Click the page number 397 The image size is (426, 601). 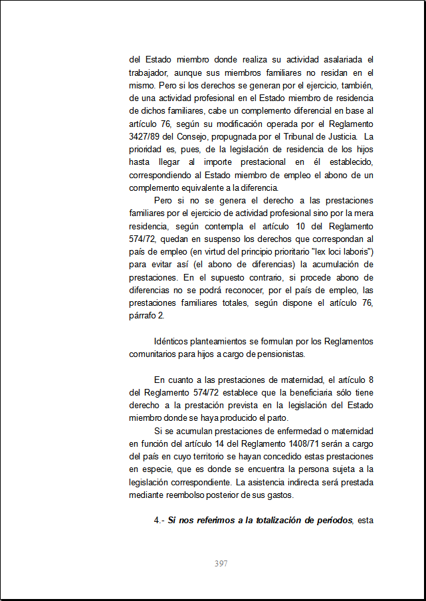pos(221,564)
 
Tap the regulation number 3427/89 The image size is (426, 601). pos(144,136)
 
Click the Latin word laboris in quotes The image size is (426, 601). pos(354,251)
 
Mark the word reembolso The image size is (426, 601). pos(196,495)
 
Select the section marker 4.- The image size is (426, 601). pos(160,521)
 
